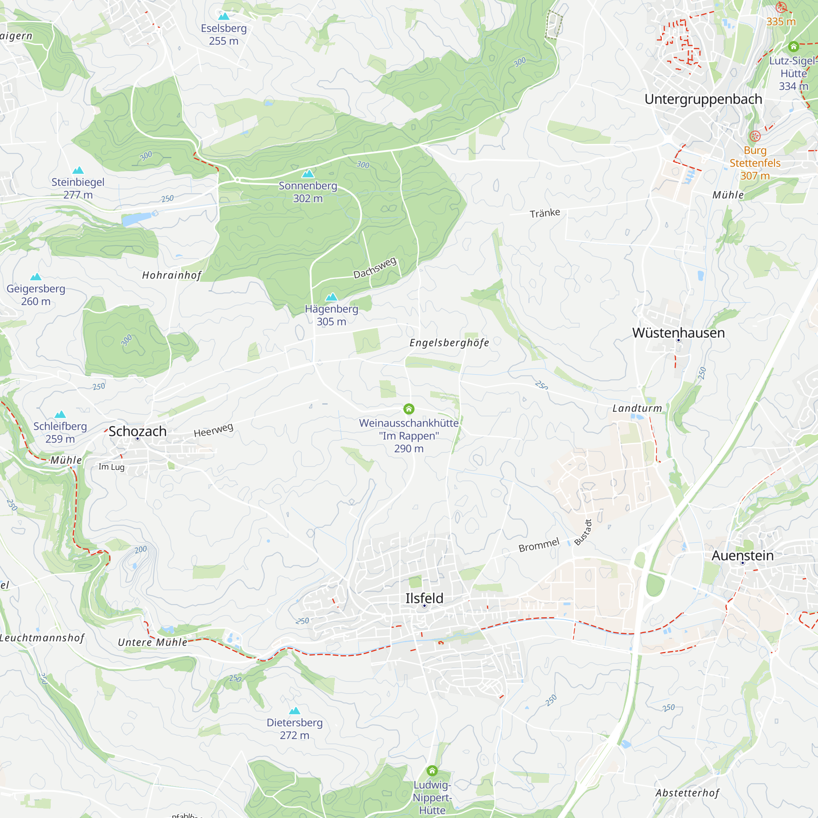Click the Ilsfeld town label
pos(424,598)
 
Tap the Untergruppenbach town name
pos(703,99)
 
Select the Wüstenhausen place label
pos(678,333)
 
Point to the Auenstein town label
pos(742,555)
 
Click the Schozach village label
pos(137,431)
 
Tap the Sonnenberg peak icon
pos(308,173)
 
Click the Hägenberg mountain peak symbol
pos(332,297)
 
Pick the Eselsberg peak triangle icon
pos(224,16)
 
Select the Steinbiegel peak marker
pos(78,170)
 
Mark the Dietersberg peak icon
pos(294,710)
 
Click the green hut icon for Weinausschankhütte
pos(409,409)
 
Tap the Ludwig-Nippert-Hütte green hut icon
pos(432,770)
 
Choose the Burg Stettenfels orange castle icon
pos(755,136)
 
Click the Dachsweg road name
pos(375,267)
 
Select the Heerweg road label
pos(213,430)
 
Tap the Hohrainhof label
pos(171,276)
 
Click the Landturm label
pos(637,409)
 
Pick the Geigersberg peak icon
pos(36,277)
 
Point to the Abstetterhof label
pos(687,793)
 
